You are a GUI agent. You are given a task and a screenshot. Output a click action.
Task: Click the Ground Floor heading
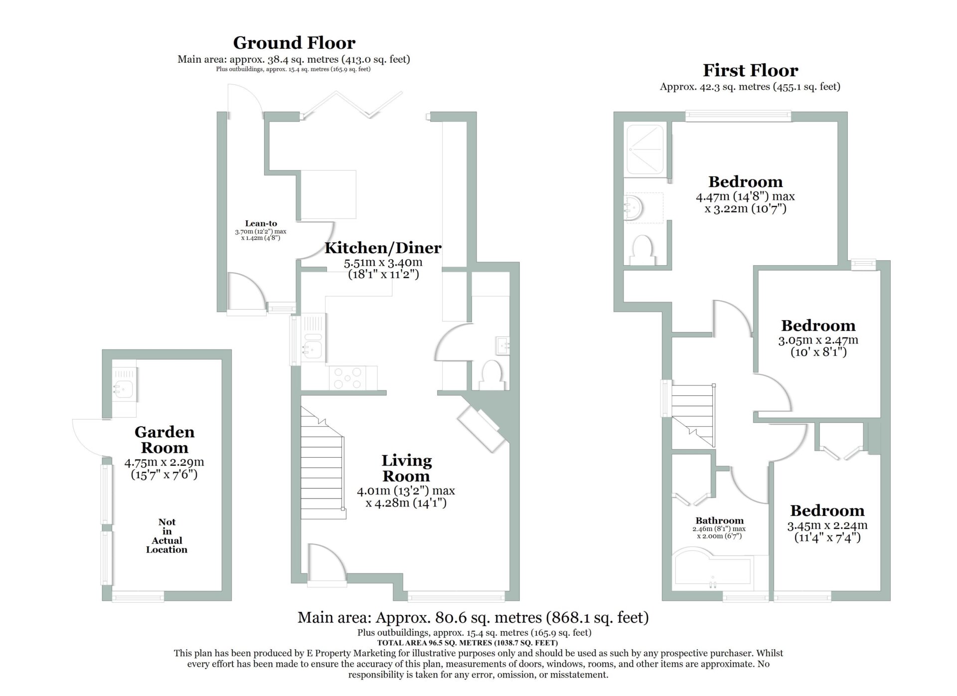point(294,43)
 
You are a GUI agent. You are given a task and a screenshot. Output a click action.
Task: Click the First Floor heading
point(750,70)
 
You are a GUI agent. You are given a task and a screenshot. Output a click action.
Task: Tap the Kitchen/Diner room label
point(383,248)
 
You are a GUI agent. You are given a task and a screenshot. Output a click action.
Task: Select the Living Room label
point(406,468)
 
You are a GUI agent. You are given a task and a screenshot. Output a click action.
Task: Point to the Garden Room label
point(164,440)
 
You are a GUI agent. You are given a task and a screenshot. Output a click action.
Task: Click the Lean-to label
point(261,223)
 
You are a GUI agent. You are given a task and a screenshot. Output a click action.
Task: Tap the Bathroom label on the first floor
point(719,521)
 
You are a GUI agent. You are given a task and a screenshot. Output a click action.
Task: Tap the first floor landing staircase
point(693,415)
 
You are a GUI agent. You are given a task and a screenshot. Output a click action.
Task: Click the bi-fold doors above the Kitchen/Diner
point(352,105)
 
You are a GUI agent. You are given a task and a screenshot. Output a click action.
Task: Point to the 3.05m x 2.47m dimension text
point(818,346)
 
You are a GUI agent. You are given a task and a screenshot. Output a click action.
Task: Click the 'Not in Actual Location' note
point(166,535)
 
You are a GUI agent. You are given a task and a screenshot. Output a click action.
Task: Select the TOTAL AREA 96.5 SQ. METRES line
point(468,643)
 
